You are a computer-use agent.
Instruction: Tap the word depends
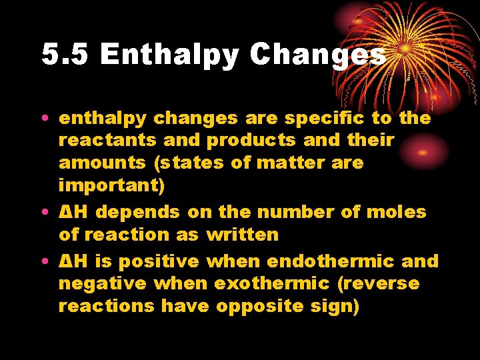pos(140,213)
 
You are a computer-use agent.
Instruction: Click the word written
pos(243,235)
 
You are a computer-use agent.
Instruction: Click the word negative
pos(102,284)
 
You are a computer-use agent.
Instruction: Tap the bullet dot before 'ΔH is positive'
pos(43,262)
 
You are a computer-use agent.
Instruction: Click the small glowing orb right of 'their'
pos(423,151)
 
